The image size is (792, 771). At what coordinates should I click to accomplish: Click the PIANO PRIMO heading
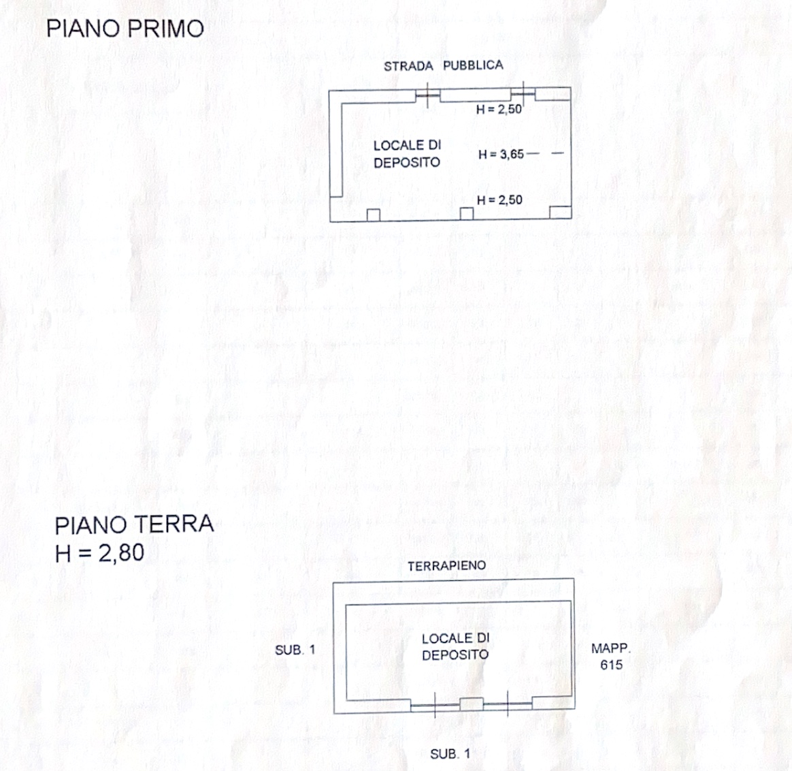tap(125, 29)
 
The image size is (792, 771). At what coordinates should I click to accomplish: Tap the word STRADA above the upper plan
tap(408, 66)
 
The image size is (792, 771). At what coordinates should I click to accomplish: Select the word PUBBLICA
tap(473, 65)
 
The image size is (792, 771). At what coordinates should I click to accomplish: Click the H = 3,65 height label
tap(501, 154)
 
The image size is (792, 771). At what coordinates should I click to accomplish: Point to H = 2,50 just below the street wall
tap(499, 109)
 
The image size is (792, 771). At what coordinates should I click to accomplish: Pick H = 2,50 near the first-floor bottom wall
tap(499, 200)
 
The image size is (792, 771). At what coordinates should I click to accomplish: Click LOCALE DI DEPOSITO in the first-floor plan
tap(407, 154)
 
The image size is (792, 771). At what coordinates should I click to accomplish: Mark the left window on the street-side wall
tap(427, 95)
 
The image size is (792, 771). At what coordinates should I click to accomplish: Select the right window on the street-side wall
tap(523, 93)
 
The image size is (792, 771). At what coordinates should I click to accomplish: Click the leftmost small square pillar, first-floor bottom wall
tap(374, 215)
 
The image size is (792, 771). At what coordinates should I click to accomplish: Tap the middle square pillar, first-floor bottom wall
tap(467, 213)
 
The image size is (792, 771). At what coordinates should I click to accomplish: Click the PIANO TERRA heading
tap(134, 525)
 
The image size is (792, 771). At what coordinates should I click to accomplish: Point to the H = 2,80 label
tap(99, 552)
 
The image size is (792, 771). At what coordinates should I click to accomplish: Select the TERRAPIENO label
tap(446, 566)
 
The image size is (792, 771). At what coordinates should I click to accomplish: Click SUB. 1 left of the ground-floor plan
tap(295, 650)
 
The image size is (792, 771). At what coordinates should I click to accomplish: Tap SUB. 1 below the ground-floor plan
tap(450, 754)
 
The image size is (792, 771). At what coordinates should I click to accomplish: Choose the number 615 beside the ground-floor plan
tap(611, 665)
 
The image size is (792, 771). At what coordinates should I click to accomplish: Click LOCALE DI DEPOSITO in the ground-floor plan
tap(456, 646)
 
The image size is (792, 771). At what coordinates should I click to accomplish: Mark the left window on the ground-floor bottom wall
tap(435, 705)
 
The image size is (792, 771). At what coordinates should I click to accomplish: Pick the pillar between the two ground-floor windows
tap(472, 704)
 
